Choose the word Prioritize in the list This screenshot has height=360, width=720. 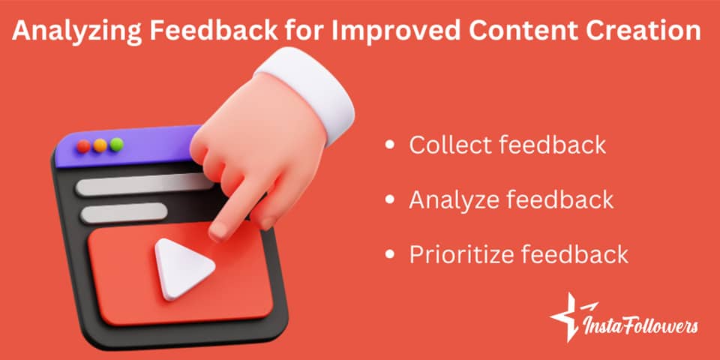458,254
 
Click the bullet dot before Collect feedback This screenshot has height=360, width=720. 388,145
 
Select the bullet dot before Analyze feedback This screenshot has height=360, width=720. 388,200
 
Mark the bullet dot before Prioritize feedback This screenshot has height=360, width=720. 388,255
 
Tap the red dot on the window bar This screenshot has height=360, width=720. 84,145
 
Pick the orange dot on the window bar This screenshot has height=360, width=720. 100,145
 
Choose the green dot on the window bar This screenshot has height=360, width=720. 115,144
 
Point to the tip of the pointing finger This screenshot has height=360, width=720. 218,233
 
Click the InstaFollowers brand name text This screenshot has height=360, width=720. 643,326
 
